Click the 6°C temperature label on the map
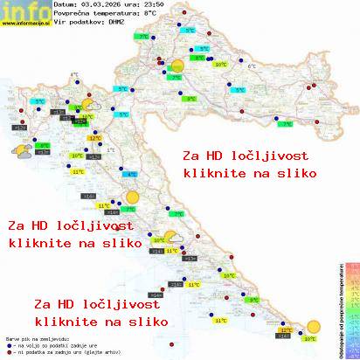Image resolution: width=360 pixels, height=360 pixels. (x=252, y=66)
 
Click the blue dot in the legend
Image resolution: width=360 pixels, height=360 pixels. (x=8, y=346)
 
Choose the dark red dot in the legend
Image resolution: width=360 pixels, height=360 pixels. (x=8, y=353)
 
